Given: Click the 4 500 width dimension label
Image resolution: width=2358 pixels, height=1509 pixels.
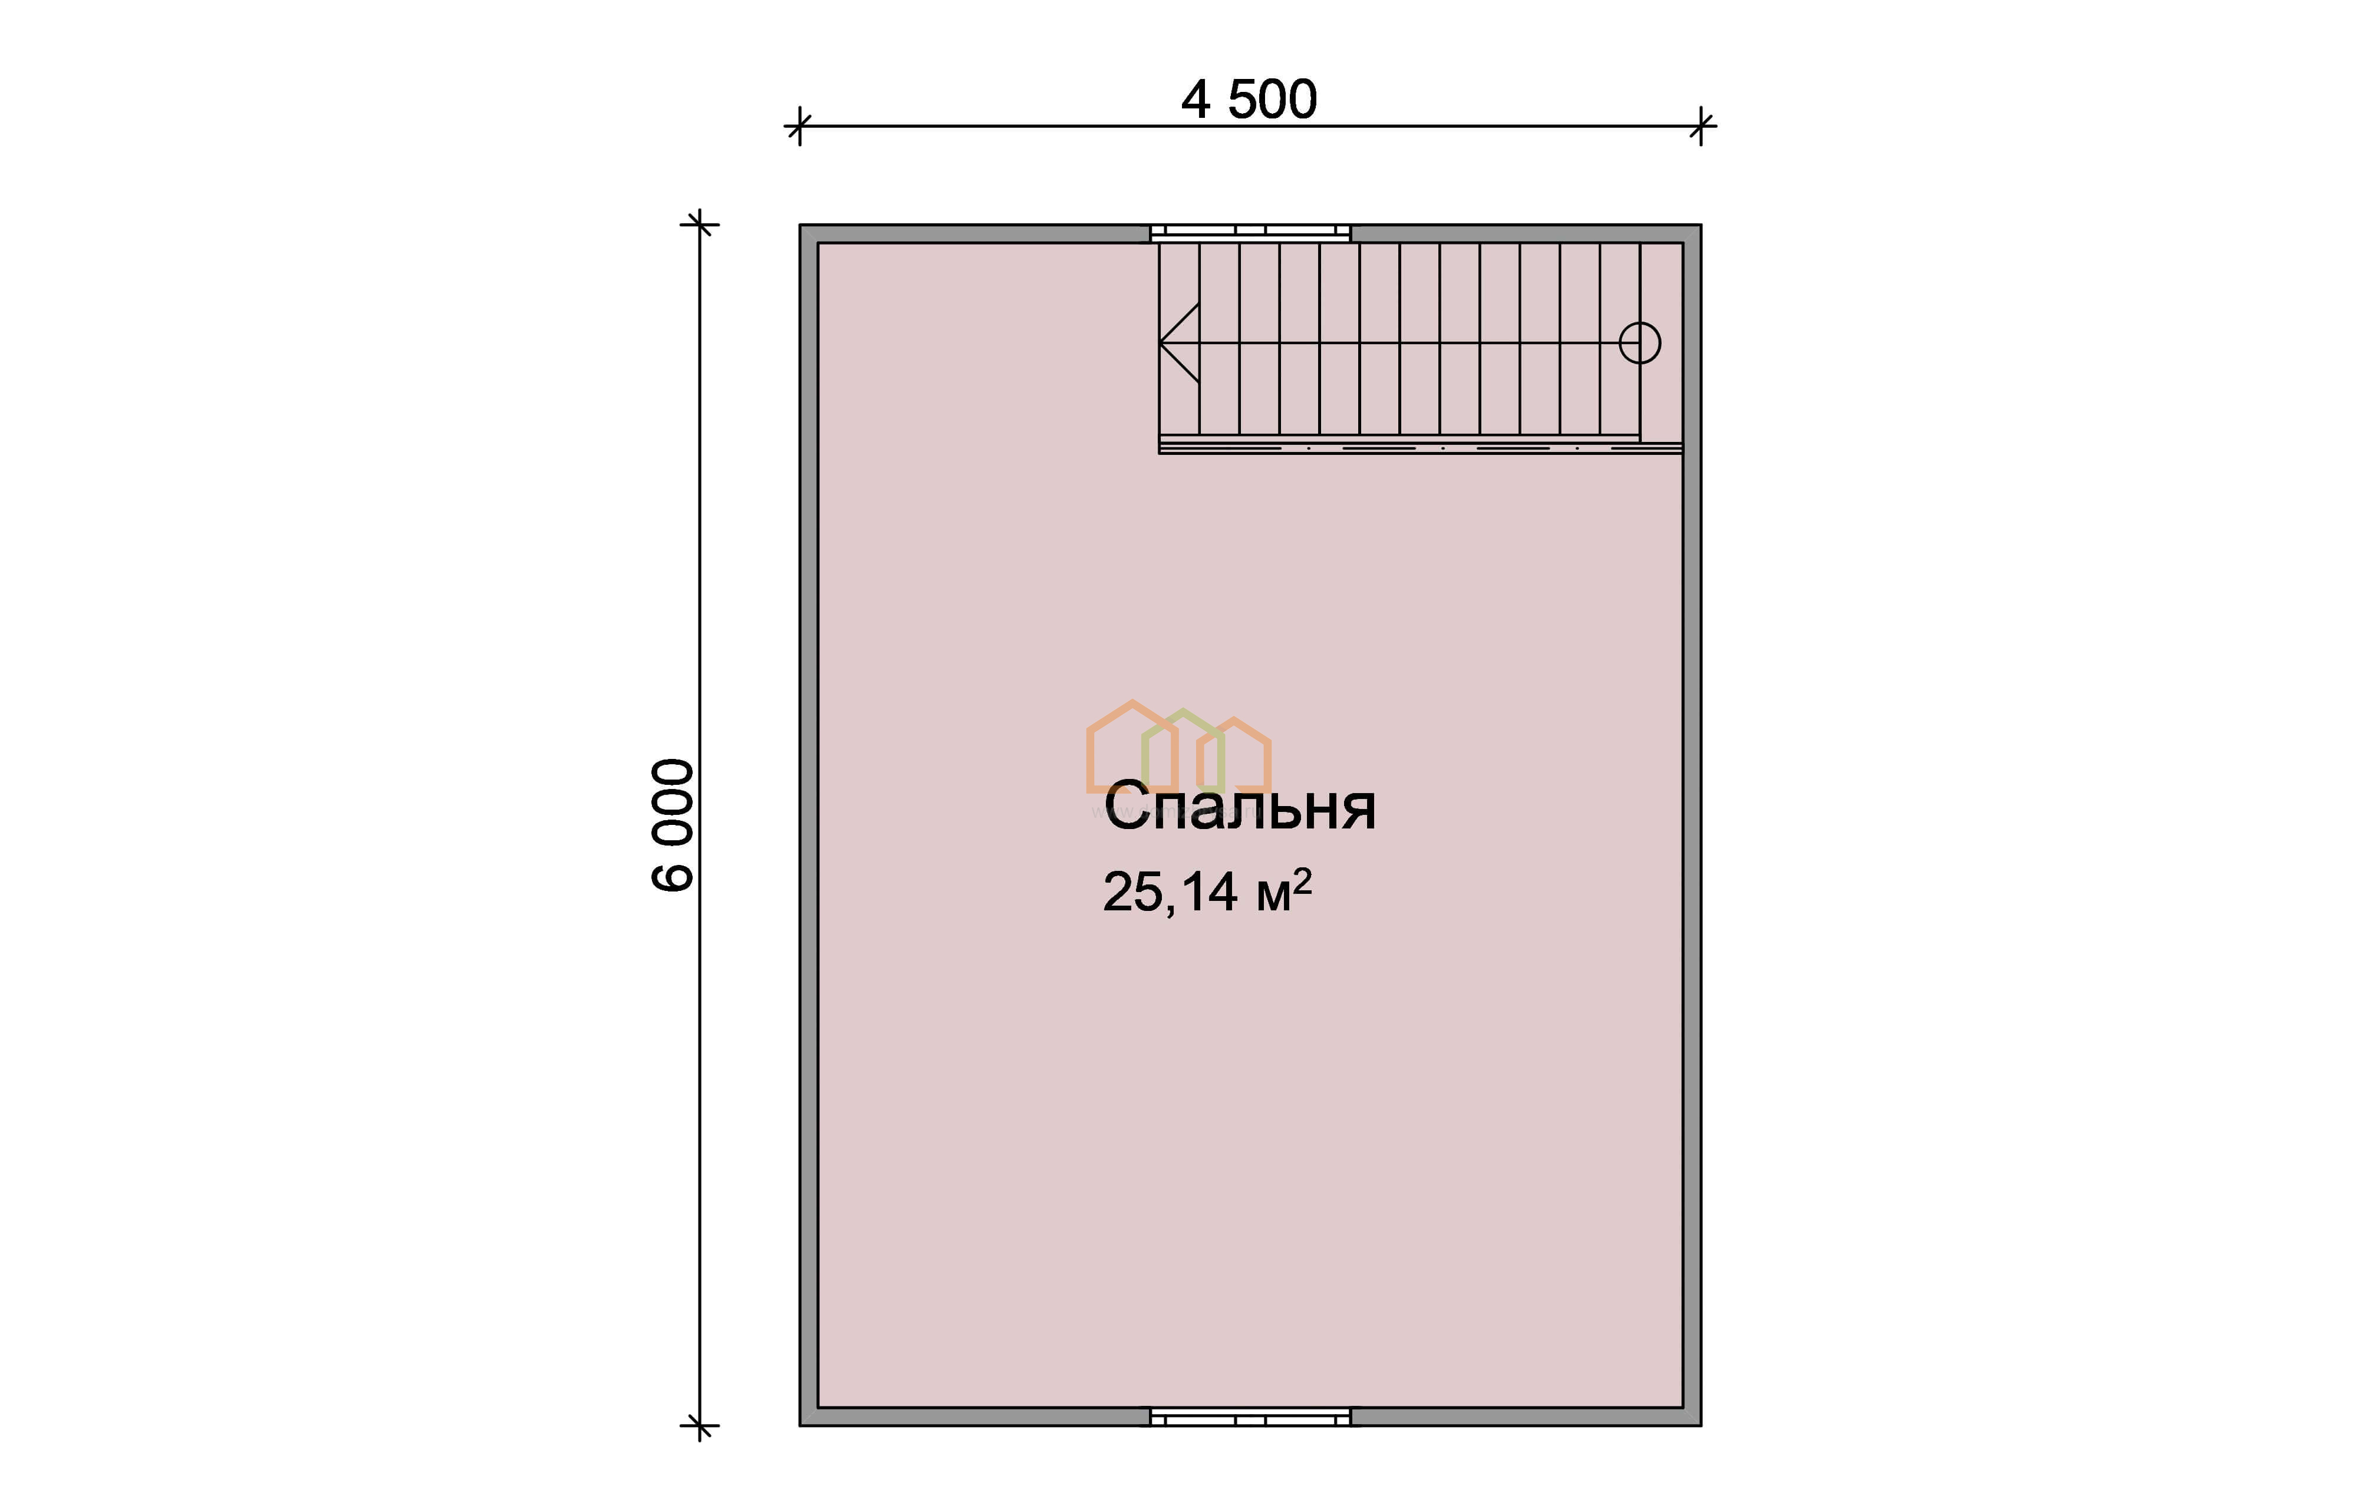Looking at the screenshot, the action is (1249, 100).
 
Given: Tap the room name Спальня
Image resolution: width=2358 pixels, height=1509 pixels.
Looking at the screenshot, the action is (1240, 807).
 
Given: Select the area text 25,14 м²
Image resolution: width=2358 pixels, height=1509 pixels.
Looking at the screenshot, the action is (1207, 891).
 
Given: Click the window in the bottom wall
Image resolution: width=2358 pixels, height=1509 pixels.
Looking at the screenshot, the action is (1250, 1417).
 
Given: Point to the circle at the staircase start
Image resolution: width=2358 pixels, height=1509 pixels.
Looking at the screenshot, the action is (1639, 343).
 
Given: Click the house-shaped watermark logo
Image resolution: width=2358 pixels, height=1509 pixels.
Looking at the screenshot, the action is (1179, 747).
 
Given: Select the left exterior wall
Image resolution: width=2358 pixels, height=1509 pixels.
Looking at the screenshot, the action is (809, 825).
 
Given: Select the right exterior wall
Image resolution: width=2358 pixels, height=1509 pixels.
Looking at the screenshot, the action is (1692, 825).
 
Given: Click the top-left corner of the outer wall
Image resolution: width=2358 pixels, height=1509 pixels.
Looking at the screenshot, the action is (800, 224).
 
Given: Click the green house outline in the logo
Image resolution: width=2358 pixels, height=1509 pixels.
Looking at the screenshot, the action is (1183, 749).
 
